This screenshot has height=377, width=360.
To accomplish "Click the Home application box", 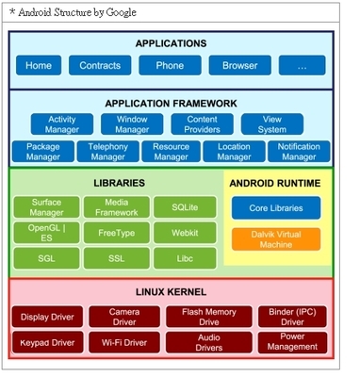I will [39, 66].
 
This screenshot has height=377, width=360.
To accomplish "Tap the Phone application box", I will [170, 66].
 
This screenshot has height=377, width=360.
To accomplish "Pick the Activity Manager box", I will [62, 123].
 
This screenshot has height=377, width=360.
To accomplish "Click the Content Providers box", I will [202, 123].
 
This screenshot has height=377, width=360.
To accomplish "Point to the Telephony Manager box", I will [106, 151].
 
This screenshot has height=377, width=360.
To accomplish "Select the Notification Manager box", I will [299, 151].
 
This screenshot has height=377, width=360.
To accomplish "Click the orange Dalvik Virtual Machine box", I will [275, 239].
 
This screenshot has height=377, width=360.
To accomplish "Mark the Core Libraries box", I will [275, 207].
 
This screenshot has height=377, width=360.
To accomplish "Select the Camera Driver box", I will [124, 317].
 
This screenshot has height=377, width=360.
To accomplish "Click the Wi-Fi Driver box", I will [124, 342].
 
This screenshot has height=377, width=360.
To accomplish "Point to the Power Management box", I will [292, 342].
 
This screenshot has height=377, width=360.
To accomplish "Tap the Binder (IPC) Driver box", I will [292, 317].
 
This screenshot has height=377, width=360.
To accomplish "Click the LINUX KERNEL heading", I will [171, 292].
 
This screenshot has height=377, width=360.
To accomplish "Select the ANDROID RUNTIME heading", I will [275, 183].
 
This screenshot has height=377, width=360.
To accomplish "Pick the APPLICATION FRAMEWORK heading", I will [171, 103].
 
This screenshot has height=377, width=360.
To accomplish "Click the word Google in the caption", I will [118, 13].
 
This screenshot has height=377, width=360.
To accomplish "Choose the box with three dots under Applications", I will [302, 66].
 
